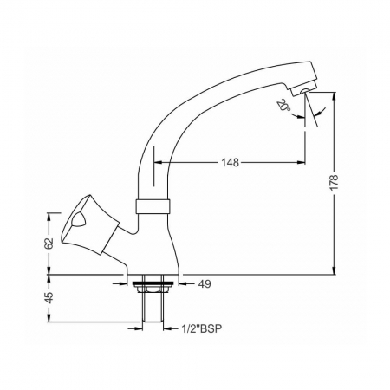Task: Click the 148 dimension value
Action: coord(231,163)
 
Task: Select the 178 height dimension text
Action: coord(334,182)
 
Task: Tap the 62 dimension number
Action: coord(49,244)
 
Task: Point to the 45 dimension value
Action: coord(49,298)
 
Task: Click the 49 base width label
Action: coord(205,284)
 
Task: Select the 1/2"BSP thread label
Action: coord(202,328)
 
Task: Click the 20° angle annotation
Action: coord(283,106)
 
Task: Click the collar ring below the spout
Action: coord(153,206)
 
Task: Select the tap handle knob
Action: coord(89,225)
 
